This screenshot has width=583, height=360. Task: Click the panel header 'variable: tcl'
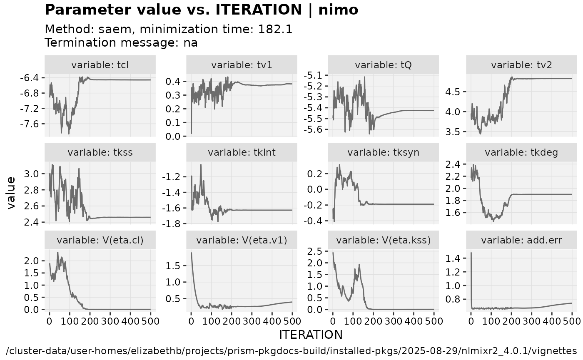(100, 65)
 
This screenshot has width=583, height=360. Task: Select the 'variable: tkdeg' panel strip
(523, 152)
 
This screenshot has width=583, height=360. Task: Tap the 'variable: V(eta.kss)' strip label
(384, 240)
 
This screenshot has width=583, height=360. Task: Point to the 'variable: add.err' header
(523, 240)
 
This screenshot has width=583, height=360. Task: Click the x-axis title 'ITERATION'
(311, 335)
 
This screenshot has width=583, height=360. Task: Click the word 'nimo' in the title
(338, 10)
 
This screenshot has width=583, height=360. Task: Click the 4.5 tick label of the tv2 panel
(457, 92)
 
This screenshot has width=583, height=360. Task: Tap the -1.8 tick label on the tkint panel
(173, 224)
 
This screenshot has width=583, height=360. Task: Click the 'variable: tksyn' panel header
(384, 152)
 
